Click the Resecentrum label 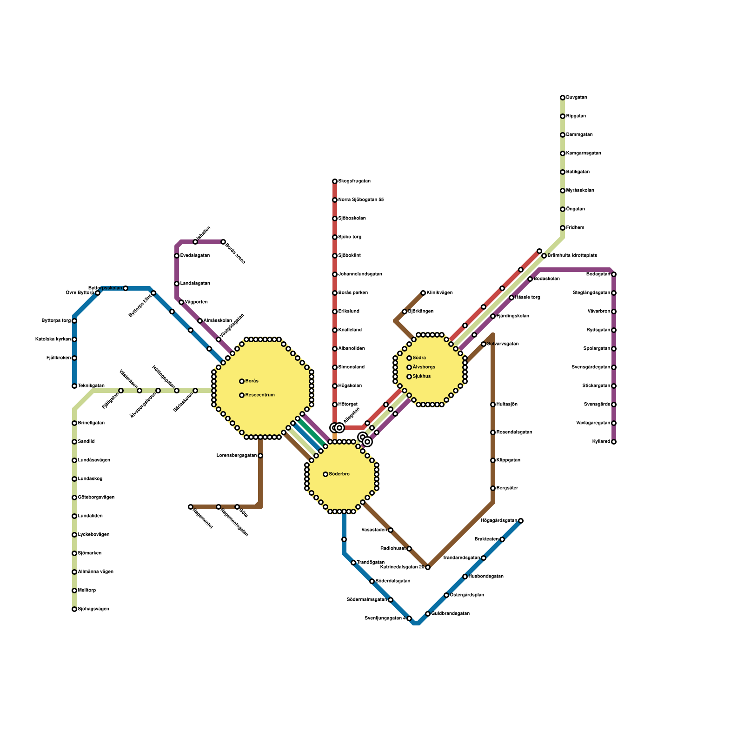tap(260, 395)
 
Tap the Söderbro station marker tap(325, 474)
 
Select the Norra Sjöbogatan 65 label tap(361, 200)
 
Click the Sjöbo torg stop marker tap(335, 237)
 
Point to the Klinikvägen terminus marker tap(423, 293)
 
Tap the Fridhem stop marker tap(563, 228)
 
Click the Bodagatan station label tap(598, 274)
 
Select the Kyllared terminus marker tap(614, 442)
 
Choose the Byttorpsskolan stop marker tap(126, 288)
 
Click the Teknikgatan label tap(91, 386)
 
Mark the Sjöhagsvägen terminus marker tap(74, 609)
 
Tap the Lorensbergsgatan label tap(237, 456)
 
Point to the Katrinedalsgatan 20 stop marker tap(428, 567)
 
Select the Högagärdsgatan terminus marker tap(521, 521)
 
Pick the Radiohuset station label tap(393, 549)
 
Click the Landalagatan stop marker tap(177, 284)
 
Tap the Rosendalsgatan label tap(514, 432)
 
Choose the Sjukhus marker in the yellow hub tap(409, 377)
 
